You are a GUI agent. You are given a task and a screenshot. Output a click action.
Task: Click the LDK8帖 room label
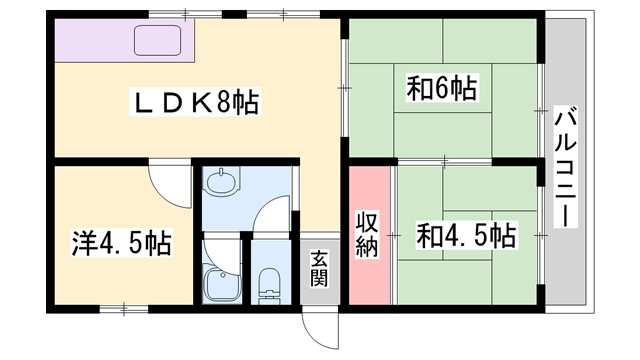(194, 102)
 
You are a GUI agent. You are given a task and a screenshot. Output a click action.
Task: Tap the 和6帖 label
(442, 88)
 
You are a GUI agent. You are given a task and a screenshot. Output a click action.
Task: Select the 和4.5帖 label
(465, 235)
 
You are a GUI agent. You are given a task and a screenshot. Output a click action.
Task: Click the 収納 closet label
(367, 234)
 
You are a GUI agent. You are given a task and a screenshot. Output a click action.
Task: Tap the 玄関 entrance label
(319, 268)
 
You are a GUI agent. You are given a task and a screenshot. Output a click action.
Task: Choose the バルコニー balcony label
(565, 166)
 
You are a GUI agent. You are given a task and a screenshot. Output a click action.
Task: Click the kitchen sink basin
(158, 40)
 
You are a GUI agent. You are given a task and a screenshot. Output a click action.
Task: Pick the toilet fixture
(270, 285)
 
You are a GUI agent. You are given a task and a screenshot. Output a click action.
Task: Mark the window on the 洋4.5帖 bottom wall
(124, 309)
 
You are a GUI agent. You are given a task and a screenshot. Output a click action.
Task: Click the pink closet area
(370, 235)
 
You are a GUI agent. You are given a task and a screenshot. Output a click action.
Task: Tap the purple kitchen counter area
(124, 40)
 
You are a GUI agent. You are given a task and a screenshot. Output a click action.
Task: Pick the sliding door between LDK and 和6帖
(344, 88)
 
